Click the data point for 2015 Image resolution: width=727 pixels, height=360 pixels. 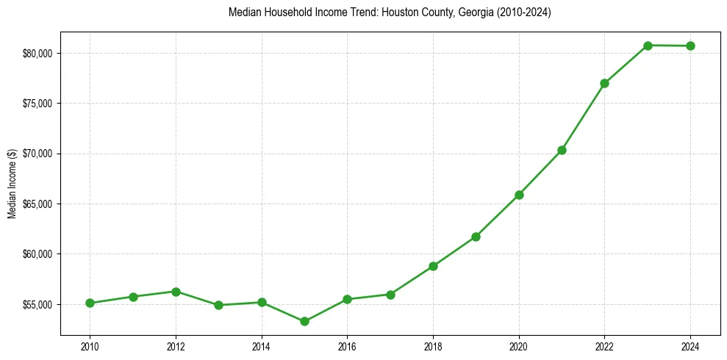pyautogui.click(x=304, y=321)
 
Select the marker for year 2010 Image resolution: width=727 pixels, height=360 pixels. pyautogui.click(x=90, y=303)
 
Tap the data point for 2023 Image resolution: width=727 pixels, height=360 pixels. pyautogui.click(x=648, y=46)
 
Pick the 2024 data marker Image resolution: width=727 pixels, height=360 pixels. pyautogui.click(x=690, y=46)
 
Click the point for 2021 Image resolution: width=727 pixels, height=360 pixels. pyautogui.click(x=562, y=150)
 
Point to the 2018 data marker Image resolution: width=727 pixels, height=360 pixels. pyautogui.click(x=433, y=266)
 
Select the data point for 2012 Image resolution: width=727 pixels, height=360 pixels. pyautogui.click(x=176, y=292)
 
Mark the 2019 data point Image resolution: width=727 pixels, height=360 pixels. pyautogui.click(x=476, y=237)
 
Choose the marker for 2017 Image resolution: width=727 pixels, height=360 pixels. pyautogui.click(x=390, y=295)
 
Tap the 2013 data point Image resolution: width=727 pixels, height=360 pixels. pyautogui.click(x=218, y=305)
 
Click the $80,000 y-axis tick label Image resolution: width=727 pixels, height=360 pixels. pyautogui.click(x=37, y=54)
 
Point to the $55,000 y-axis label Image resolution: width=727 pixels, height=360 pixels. pyautogui.click(x=37, y=304)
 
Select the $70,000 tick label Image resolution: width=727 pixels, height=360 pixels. pyautogui.click(x=37, y=154)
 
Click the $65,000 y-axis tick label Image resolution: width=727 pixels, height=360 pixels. pyautogui.click(x=37, y=204)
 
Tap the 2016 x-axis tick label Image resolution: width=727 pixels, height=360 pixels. pyautogui.click(x=347, y=345)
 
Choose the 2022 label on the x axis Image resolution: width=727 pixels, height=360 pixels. pyautogui.click(x=604, y=345)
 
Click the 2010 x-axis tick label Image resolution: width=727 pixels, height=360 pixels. pyautogui.click(x=90, y=345)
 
